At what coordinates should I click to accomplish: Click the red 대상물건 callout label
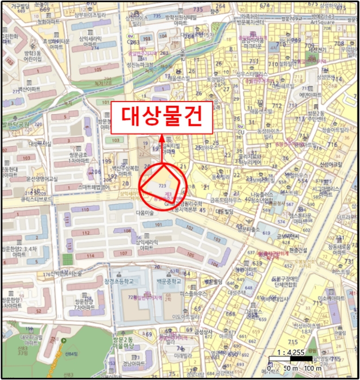(161, 117)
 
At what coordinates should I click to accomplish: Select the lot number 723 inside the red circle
(162, 186)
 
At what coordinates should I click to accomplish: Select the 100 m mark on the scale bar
(311, 369)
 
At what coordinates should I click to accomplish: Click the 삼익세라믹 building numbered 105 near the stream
(98, 70)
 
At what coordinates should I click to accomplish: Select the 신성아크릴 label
(331, 163)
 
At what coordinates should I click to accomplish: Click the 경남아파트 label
(133, 364)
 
